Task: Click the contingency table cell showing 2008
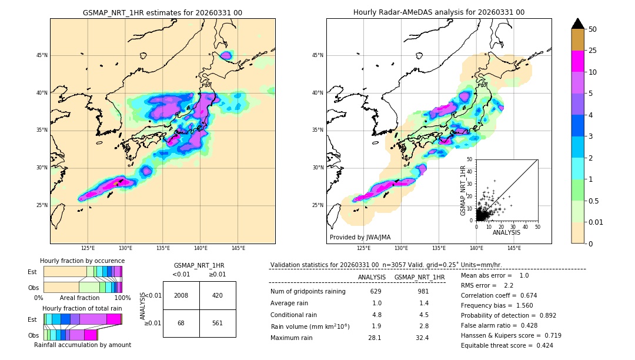point(181,295)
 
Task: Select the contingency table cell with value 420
point(218,295)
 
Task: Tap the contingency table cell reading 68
point(181,323)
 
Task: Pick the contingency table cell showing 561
point(218,323)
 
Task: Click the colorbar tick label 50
point(593,29)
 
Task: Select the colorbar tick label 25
point(593,51)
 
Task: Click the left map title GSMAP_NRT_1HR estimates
point(162,12)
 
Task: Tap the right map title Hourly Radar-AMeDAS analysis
point(439,12)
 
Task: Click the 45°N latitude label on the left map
point(42,55)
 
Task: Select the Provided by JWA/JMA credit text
point(360,237)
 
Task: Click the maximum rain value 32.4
point(423,338)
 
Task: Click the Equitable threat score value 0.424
point(541,345)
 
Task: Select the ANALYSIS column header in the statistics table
point(372,277)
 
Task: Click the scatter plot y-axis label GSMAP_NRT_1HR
point(463,190)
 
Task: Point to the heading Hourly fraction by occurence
point(82,261)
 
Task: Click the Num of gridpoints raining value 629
point(376,291)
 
